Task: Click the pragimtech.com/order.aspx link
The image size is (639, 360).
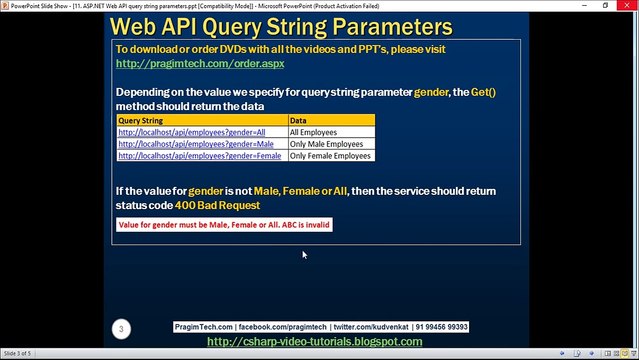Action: coord(200,63)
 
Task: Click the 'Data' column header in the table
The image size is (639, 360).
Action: coord(298,120)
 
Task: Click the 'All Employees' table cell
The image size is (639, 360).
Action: coord(313,132)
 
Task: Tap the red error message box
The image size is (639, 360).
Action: coord(224,225)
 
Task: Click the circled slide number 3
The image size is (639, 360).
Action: coord(120,328)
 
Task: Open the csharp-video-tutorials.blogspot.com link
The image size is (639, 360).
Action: coord(314,342)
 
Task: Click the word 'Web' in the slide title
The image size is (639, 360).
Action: coord(139,25)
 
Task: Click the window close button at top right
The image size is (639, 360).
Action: coord(627,5)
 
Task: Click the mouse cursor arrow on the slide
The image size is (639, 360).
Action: coord(305,255)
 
